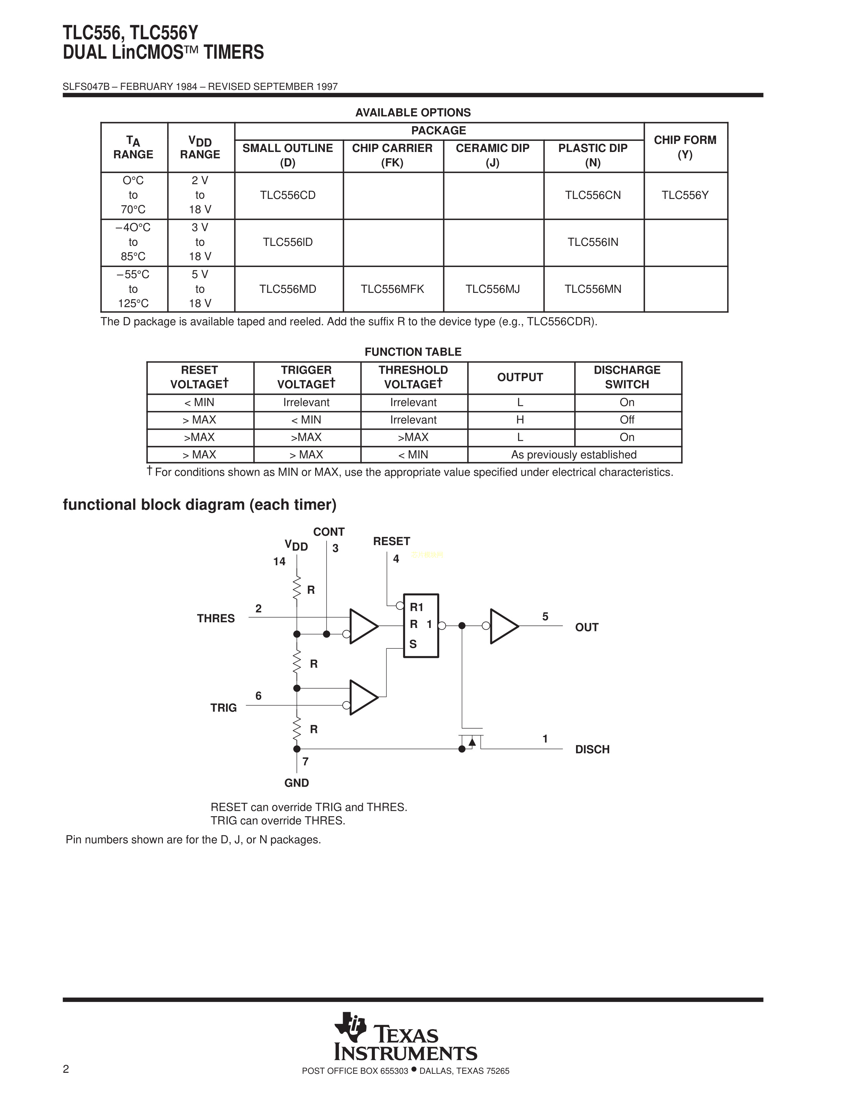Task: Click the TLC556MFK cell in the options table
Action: pyautogui.click(x=392, y=289)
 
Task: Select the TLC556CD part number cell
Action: pyautogui.click(x=288, y=195)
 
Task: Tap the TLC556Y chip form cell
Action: pyautogui.click(x=685, y=195)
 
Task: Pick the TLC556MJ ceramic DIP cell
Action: pyautogui.click(x=492, y=289)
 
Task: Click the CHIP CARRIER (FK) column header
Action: pyautogui.click(x=392, y=155)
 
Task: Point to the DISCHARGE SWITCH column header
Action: pyautogui.click(x=627, y=377)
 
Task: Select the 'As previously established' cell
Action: pyautogui.click(x=574, y=455)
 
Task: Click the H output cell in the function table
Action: pyautogui.click(x=520, y=420)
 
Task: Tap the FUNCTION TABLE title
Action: pyautogui.click(x=413, y=352)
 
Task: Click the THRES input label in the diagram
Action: pyautogui.click(x=216, y=618)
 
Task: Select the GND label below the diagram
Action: pyautogui.click(x=296, y=783)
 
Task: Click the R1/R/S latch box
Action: pyautogui.click(x=421, y=626)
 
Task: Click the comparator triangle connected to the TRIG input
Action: pyautogui.click(x=363, y=697)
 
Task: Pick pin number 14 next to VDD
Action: pyautogui.click(x=279, y=562)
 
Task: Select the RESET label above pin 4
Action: pyautogui.click(x=392, y=541)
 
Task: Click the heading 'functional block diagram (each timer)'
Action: pyautogui.click(x=199, y=505)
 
